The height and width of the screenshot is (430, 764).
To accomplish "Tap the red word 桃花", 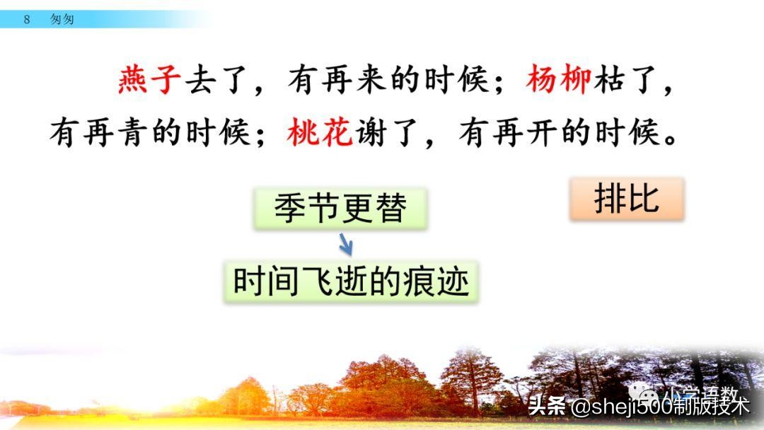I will coord(320,132).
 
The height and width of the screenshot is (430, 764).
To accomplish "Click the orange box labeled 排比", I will coord(627,199).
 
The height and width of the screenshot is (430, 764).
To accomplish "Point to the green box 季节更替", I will coord(340,209).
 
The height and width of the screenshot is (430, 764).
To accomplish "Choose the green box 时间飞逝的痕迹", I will coord(352,282).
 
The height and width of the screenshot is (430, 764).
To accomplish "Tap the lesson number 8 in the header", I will coord(27,20).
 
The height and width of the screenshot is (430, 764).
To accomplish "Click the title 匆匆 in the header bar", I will coord(62,20).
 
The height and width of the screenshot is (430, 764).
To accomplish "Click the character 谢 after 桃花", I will coord(371,132).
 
